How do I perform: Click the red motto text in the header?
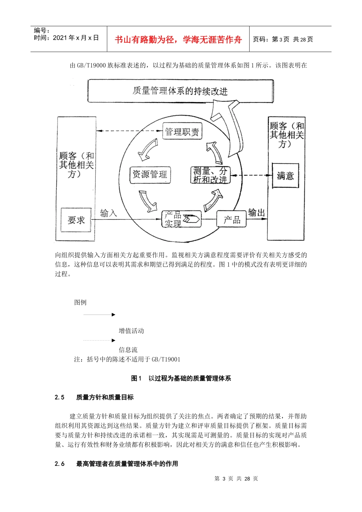[x=178, y=40]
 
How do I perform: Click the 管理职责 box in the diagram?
[x=182, y=132]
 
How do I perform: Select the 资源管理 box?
[x=149, y=174]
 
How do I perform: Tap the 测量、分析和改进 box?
[x=210, y=175]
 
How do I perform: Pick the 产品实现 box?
[x=181, y=219]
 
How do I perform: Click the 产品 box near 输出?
[x=232, y=219]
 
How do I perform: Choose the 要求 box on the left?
[x=76, y=220]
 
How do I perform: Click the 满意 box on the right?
[x=285, y=176]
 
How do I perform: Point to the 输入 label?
[x=108, y=213]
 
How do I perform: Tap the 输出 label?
[x=256, y=213]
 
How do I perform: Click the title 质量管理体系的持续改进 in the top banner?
[x=180, y=91]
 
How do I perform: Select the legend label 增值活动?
[x=131, y=331]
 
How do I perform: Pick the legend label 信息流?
[x=128, y=349]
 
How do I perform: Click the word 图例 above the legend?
[x=80, y=302]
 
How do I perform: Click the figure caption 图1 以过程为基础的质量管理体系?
[x=181, y=378]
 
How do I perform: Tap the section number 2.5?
[x=59, y=397]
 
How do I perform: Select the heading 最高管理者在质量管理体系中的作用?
[x=127, y=464]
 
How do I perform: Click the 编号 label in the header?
[x=42, y=30]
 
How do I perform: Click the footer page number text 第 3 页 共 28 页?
[x=236, y=478]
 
